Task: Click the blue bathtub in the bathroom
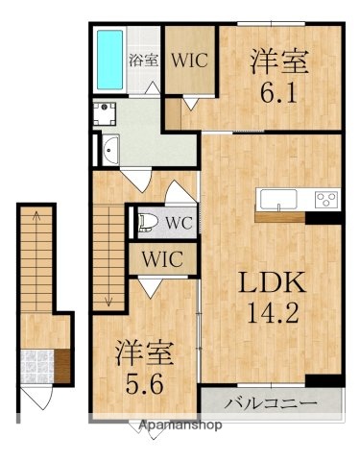click(x=110, y=60)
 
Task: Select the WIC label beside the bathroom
click(x=188, y=58)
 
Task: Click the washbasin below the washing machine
click(x=108, y=151)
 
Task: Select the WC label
click(x=178, y=224)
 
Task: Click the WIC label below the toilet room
click(x=164, y=258)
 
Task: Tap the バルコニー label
click(x=271, y=401)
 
